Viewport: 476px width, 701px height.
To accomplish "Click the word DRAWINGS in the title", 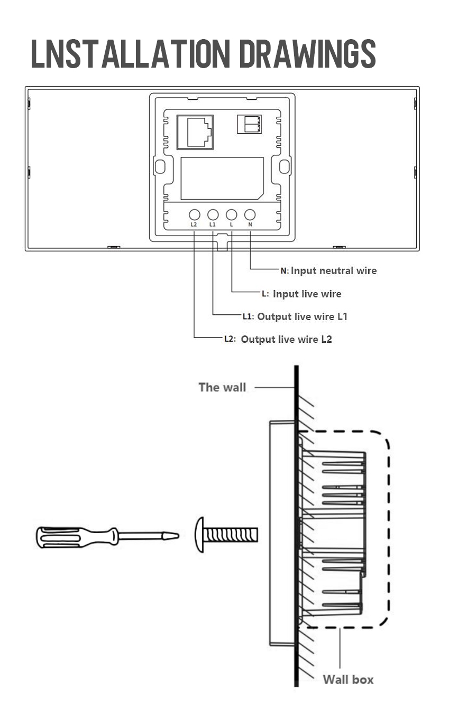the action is tap(307, 53).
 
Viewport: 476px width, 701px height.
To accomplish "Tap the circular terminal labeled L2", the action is tap(194, 214).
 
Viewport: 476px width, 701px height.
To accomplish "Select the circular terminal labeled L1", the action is tap(213, 214).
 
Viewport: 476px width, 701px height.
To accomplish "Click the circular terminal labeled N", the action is tap(250, 214).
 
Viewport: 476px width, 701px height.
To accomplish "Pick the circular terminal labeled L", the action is tap(231, 214).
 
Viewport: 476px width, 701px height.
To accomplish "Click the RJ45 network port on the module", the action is tap(195, 132).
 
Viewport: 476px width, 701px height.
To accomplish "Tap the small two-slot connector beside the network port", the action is tap(249, 124).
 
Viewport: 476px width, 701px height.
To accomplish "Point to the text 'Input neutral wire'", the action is tap(334, 271).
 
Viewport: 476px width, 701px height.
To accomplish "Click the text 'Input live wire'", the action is tap(307, 294).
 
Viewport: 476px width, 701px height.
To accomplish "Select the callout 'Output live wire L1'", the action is tap(303, 317).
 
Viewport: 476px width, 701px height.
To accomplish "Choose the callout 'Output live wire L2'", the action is tap(287, 340).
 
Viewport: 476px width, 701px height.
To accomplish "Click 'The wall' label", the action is tap(222, 387).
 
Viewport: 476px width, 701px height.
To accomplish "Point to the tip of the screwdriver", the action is tap(178, 536).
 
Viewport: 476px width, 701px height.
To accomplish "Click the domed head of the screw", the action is tap(199, 535).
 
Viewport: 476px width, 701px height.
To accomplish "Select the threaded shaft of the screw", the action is tap(231, 535).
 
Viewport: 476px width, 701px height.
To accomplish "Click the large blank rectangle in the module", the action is tap(222, 179).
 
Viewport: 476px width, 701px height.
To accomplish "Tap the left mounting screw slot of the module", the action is tap(160, 166).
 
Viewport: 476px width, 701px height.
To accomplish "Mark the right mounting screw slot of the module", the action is tap(285, 166).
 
